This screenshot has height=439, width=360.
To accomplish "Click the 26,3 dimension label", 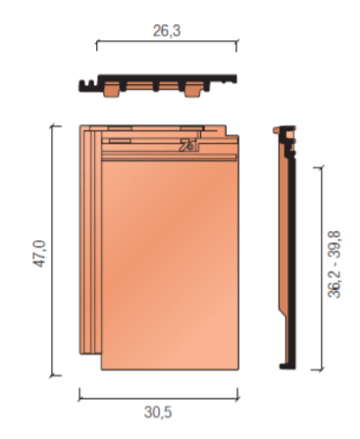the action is coord(167,31).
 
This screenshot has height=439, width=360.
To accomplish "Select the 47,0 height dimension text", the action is coord(40,254).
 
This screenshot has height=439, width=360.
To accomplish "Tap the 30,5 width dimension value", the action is coord(158,413).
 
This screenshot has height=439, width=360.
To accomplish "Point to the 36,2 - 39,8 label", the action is coord(334,265).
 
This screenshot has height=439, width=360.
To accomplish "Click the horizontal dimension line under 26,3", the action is coord(167,41).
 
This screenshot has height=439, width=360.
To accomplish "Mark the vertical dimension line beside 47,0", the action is coord(53,251).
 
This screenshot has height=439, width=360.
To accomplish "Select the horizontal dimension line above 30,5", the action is coord(159,398).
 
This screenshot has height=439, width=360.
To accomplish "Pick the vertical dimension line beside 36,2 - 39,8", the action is coord(322,268).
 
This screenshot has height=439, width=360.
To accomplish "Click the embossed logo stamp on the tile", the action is coord(188,145).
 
